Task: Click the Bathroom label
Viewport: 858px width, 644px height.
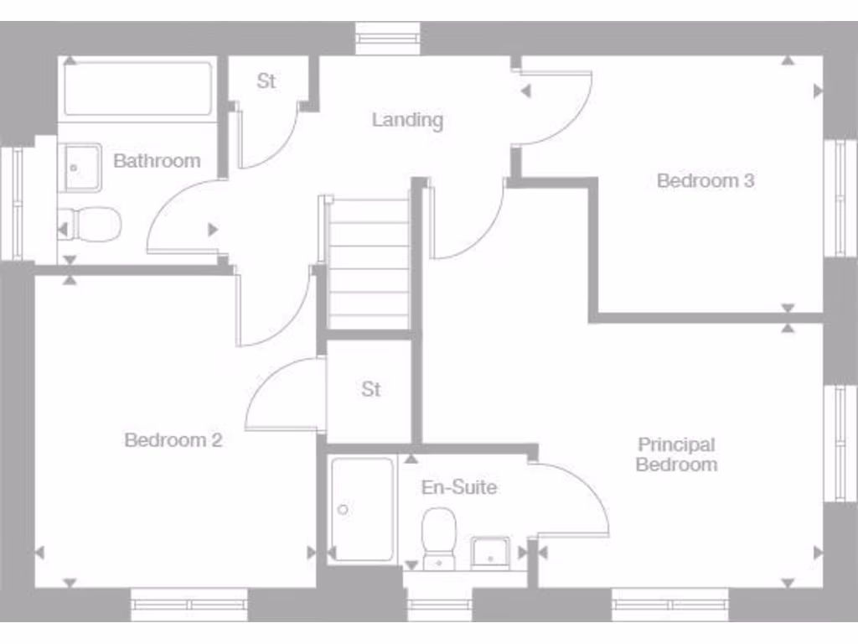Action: point(157,160)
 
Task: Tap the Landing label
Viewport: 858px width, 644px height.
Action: point(407,120)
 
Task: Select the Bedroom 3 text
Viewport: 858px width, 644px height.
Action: point(706,180)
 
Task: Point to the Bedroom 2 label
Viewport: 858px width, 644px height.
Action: point(173,439)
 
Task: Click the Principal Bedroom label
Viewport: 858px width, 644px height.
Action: point(676,454)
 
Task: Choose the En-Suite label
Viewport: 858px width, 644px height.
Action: point(458,487)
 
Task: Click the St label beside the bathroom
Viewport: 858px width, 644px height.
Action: point(266,81)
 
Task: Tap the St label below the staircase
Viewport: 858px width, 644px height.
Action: point(371,390)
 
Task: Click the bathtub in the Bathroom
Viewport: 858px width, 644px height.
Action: point(137,88)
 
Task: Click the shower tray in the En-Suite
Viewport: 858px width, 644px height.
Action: point(362,509)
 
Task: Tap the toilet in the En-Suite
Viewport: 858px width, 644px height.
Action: point(438,538)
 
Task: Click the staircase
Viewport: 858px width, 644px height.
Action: point(369,263)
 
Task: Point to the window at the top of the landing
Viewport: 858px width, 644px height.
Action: point(387,39)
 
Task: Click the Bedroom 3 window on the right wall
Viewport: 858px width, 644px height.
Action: point(840,198)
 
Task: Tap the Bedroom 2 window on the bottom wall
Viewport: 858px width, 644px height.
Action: point(189,604)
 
